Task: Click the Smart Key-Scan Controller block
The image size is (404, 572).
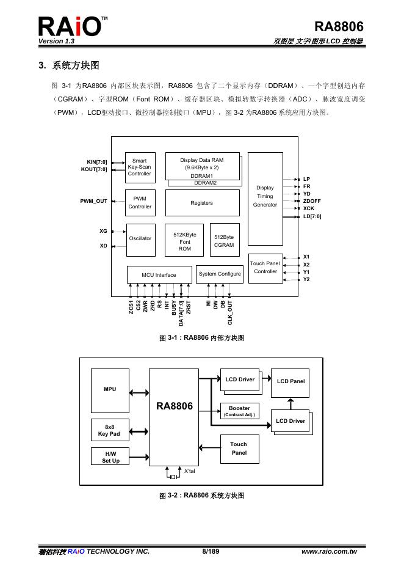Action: coord(140,167)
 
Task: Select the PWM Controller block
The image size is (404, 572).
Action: coord(140,202)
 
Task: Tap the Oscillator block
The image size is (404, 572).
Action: coord(140,238)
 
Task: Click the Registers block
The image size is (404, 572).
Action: coord(202,203)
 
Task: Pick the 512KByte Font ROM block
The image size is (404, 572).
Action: coord(185,241)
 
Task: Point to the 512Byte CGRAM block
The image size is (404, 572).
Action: coord(224,241)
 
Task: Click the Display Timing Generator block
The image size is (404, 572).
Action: coord(265,197)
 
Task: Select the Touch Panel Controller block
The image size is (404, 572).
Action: coord(265,267)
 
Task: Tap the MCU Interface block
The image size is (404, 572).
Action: coord(159,275)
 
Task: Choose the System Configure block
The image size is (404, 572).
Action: coord(219,274)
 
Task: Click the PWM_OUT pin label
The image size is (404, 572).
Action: coord(93,200)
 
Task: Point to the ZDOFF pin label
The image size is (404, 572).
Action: coord(312,201)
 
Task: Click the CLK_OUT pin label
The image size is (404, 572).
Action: coord(230,312)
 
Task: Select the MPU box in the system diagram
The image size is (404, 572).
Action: coord(110,389)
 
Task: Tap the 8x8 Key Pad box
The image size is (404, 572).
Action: coord(110,430)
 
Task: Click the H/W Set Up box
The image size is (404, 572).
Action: coord(110,457)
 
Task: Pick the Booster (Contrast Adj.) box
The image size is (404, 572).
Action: coord(239,411)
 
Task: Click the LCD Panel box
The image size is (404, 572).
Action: coord(290,381)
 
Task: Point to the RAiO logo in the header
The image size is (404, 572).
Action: coord(70,28)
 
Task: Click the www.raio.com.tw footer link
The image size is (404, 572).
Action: coord(330,552)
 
